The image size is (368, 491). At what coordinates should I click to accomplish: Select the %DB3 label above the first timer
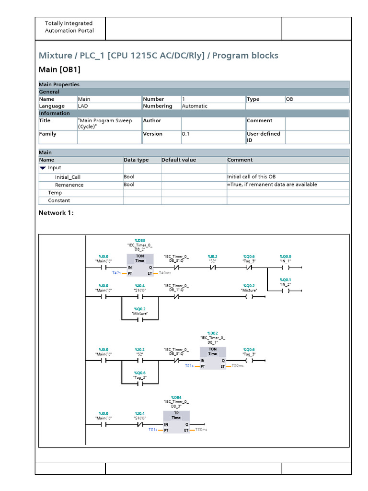pos(139,240)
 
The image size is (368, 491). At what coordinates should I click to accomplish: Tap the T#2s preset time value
pos(116,273)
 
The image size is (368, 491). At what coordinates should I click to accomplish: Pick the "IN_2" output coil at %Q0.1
pos(286,291)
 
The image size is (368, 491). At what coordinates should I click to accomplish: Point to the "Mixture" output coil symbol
pos(249,297)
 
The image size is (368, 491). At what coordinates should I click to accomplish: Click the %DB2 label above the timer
pos(212,333)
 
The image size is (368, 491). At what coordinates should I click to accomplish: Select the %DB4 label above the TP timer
pos(176,397)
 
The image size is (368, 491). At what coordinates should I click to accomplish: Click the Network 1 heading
pos(56,213)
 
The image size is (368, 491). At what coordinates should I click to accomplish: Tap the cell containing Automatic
pos(195,106)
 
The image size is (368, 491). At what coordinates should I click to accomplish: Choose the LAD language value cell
pos(83,106)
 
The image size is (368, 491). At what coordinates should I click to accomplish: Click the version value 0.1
pos(186,134)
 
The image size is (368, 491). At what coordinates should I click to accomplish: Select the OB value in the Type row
pos(290,99)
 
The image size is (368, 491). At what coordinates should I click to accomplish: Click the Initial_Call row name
pos(68,177)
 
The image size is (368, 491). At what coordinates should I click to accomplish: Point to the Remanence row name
pos(69,185)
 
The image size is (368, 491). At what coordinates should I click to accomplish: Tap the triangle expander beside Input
pos(43,168)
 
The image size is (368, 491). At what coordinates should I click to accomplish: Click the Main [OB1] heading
pos(59,70)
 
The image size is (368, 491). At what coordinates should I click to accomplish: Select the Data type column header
pos(136,160)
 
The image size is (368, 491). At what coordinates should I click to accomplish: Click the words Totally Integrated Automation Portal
pos(69,27)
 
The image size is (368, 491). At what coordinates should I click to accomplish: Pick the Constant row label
pos(59,200)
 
